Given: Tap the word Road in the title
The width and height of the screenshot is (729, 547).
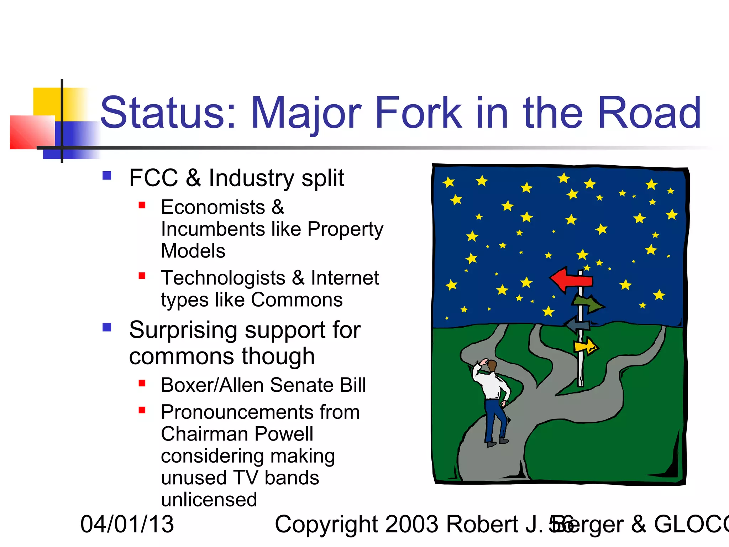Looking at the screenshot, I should pyautogui.click(x=649, y=113).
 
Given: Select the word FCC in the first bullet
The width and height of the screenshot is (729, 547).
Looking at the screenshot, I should pyautogui.click(x=153, y=178).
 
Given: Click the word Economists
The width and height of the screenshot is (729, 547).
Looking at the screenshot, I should pyautogui.click(x=213, y=207).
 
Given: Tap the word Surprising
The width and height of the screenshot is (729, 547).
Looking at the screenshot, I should pyautogui.click(x=183, y=330).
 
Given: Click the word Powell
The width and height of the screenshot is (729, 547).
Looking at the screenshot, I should pyautogui.click(x=284, y=434).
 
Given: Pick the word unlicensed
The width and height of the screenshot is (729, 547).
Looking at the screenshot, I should pyautogui.click(x=209, y=500).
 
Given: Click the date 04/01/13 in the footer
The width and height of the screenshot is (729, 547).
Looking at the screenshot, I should pyautogui.click(x=127, y=524).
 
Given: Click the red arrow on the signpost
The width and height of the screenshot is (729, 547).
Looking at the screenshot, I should pyautogui.click(x=570, y=280).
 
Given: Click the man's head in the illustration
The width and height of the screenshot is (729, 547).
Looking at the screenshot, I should pyautogui.click(x=492, y=366).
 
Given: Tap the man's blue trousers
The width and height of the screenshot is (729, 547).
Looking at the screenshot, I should pyautogui.click(x=495, y=420).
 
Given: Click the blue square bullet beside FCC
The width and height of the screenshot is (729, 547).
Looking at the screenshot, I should pyautogui.click(x=107, y=176).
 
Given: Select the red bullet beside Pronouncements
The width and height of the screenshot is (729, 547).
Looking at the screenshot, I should pyautogui.click(x=142, y=410).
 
